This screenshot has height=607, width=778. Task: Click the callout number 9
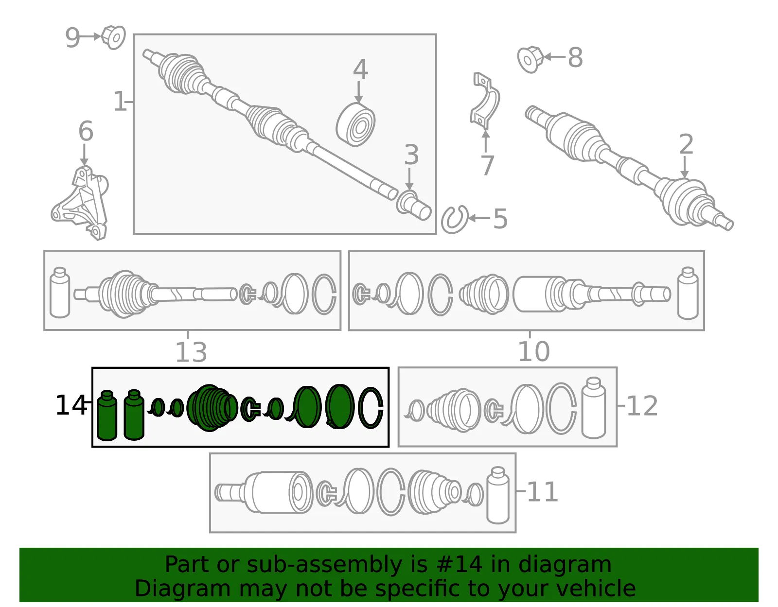coord(72,37)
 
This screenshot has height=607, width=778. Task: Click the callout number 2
coord(687,144)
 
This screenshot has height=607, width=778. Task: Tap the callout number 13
coord(191,352)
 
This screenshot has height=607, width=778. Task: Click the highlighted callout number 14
coord(71,405)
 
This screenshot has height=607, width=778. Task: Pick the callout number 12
coord(642,406)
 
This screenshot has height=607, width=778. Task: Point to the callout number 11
coord(543,492)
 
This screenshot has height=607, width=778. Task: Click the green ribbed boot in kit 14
coord(212,408)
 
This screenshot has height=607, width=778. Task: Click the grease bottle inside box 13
coord(60,293)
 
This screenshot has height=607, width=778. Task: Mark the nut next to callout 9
coord(113,37)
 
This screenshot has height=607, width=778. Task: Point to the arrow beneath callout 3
coord(409,179)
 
